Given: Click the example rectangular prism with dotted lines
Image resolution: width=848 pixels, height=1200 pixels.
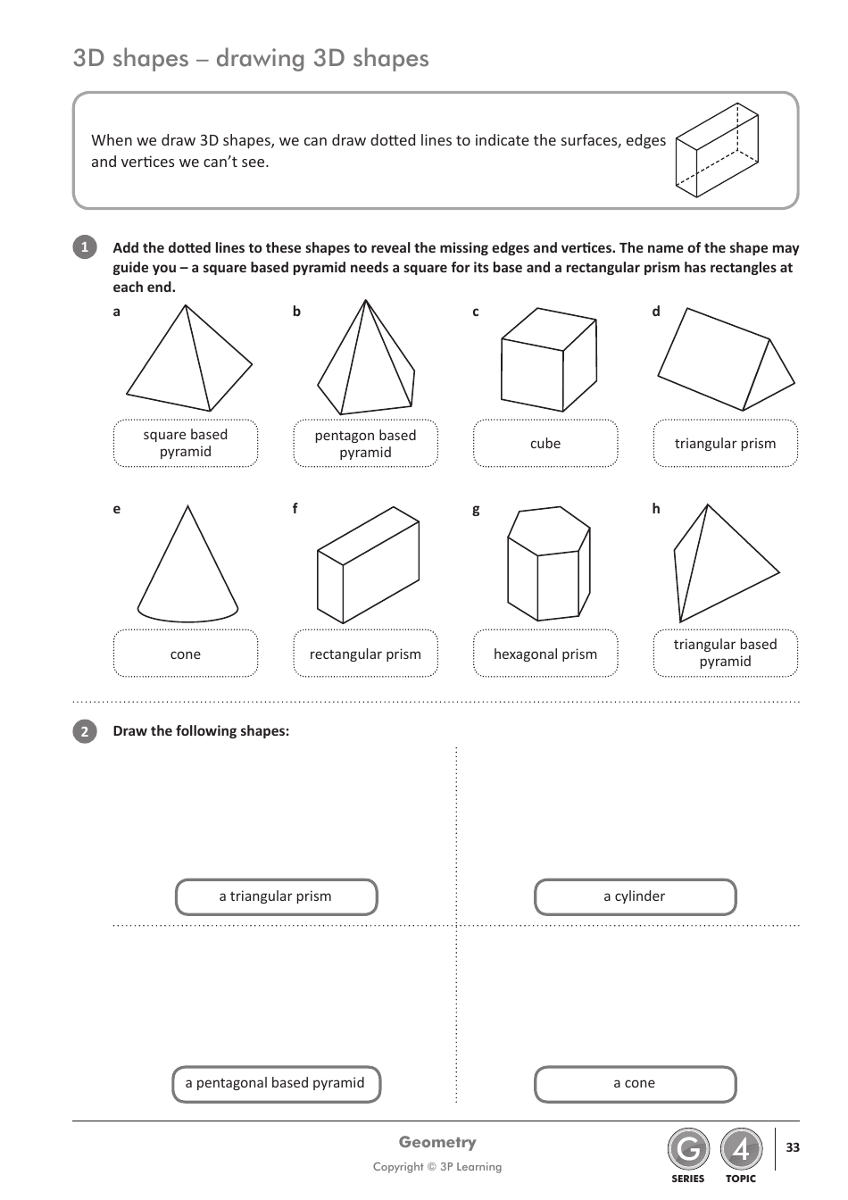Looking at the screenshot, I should [718, 149].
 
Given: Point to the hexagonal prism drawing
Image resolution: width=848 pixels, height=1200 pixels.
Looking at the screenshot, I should [547, 564].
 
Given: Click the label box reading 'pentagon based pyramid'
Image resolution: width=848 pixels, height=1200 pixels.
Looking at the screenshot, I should [365, 444].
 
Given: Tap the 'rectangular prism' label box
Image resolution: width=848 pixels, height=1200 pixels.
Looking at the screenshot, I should [365, 654].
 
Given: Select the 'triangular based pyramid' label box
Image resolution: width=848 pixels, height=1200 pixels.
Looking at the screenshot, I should [725, 654].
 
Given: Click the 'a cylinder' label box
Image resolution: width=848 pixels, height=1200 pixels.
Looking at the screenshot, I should [635, 897].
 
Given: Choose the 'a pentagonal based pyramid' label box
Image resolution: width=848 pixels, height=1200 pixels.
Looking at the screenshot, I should [276, 1084].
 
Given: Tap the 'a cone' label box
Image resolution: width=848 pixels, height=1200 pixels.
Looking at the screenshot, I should [635, 1084].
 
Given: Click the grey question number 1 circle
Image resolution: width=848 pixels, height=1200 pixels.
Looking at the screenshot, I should [84, 248].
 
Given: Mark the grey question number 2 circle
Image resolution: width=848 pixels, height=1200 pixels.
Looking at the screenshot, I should [84, 731].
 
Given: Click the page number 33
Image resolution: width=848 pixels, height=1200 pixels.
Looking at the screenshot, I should [793, 1147].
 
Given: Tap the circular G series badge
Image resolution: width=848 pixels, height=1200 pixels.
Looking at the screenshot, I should [687, 1151].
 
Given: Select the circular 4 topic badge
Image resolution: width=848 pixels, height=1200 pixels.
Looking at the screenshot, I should [741, 1151].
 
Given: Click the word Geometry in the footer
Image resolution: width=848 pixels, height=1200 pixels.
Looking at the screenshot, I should [437, 1143].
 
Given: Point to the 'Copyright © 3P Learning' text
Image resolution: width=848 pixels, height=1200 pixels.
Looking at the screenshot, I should [437, 1167].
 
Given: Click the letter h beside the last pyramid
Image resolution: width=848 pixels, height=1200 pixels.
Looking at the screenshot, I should [656, 509].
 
